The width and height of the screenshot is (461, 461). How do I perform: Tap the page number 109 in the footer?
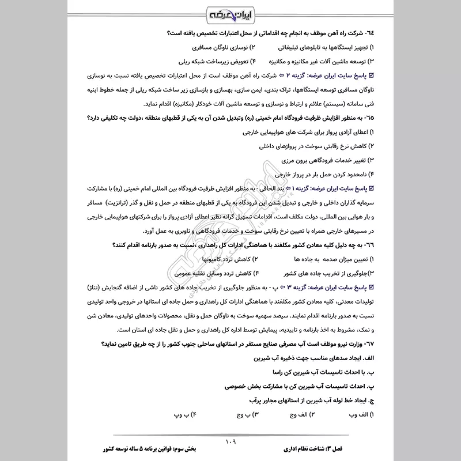pyautogui.click(x=231, y=441)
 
